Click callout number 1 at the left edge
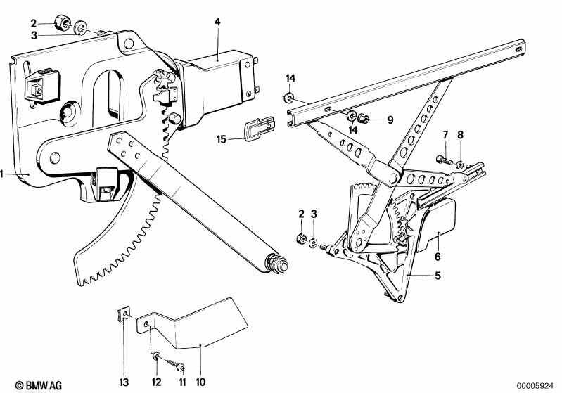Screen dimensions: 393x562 click(x=4, y=173)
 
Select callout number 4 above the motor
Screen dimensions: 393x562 click(x=217, y=22)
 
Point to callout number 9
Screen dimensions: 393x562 click(x=390, y=119)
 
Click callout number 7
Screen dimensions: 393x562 click(x=445, y=134)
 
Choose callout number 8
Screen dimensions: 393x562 click(x=461, y=134)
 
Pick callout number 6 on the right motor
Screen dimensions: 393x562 click(x=437, y=257)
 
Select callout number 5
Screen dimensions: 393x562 click(x=437, y=276)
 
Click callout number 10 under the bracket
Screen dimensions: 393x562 click(x=200, y=382)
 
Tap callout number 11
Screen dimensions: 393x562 click(x=181, y=382)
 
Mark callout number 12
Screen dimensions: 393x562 click(x=156, y=382)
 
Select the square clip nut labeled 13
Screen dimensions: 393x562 click(x=122, y=314)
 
